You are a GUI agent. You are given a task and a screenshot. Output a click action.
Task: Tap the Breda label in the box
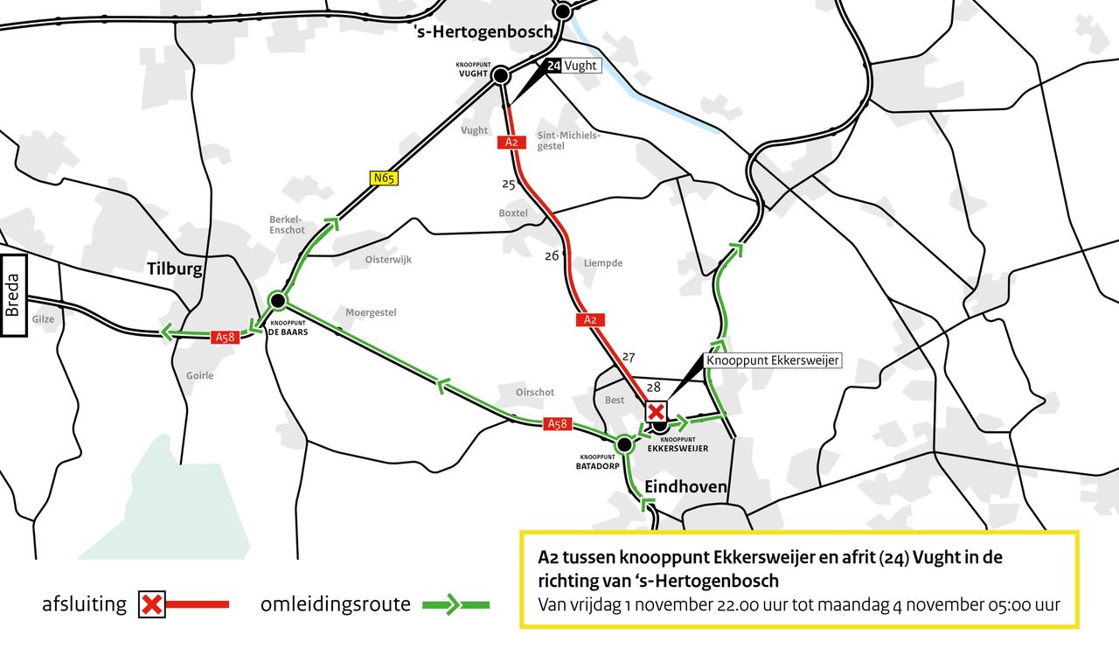point(12,296)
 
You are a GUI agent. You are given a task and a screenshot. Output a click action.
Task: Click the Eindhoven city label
point(685,486)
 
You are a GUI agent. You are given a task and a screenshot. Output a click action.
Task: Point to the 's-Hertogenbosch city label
point(483,31)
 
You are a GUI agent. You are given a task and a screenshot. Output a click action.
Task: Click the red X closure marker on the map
point(656,411)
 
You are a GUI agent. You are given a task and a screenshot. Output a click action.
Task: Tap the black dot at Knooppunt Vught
point(501,76)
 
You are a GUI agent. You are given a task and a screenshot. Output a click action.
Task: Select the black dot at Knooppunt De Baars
point(278,300)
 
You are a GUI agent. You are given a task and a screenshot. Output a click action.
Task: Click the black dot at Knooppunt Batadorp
point(624,444)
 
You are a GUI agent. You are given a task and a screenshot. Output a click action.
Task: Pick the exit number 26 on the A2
point(552,256)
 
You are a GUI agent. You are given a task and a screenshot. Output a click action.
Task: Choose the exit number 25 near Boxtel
point(509,184)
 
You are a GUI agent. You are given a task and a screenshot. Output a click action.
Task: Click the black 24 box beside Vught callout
point(554,66)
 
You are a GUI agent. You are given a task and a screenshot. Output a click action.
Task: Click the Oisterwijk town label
point(388,260)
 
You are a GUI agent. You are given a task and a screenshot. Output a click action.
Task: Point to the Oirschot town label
point(535,393)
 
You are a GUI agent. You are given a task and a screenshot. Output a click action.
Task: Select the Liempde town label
point(603,263)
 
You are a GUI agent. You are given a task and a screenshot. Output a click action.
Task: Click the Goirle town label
point(199,376)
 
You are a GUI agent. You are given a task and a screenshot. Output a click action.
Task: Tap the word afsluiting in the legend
point(84,604)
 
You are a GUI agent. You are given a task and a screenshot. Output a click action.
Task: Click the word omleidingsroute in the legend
point(335,604)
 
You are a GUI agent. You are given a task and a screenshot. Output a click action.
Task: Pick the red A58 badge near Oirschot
point(558,424)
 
